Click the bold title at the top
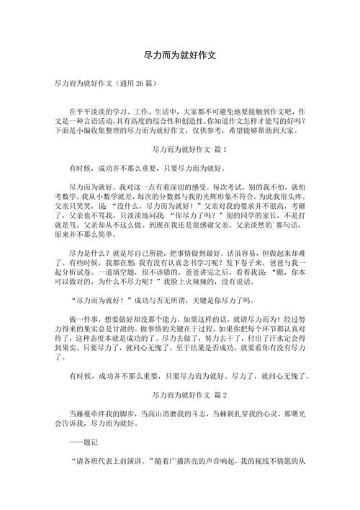tap(180, 54)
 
